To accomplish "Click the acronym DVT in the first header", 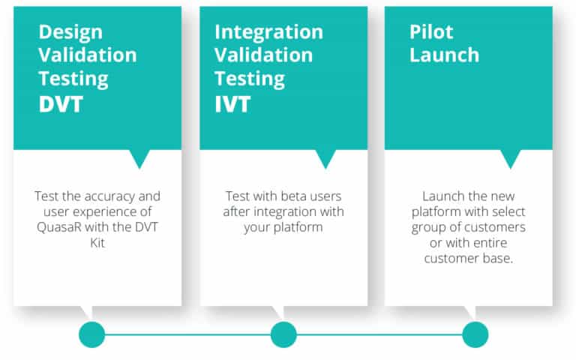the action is pyautogui.click(x=61, y=104).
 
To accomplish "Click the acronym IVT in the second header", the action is pyautogui.click(x=232, y=104).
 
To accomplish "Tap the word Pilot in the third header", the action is pyautogui.click(x=431, y=32).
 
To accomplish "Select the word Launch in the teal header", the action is pyautogui.click(x=445, y=55).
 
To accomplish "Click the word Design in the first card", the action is pyautogui.click(x=70, y=33).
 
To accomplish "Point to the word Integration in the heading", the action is pyautogui.click(x=269, y=33).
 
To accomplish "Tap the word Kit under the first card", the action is pyautogui.click(x=97, y=243).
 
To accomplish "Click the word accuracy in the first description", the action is pyautogui.click(x=106, y=197).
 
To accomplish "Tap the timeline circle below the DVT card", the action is pyautogui.click(x=91, y=334).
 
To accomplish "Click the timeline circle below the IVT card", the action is pyautogui.click(x=283, y=334).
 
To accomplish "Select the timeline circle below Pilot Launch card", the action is pyautogui.click(x=475, y=334).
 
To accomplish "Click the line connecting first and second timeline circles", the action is pyautogui.click(x=187, y=334).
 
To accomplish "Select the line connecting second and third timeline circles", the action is pyautogui.click(x=379, y=334).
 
